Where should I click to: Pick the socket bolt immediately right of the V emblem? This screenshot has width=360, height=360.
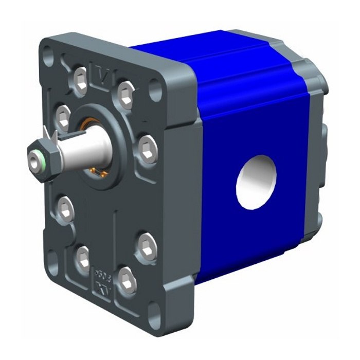coord(125,93)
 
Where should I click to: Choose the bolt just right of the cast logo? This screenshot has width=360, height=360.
coord(127,280)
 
